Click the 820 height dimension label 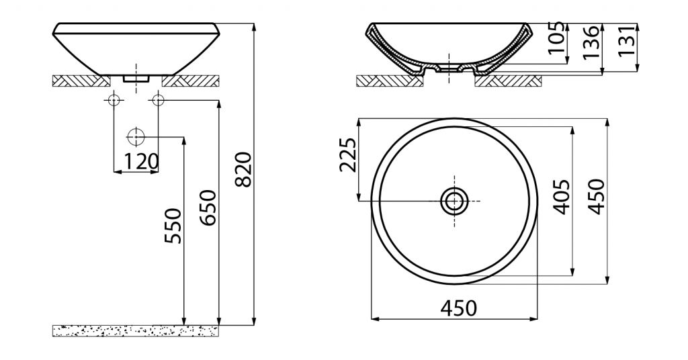click(x=243, y=169)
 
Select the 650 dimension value click(x=208, y=208)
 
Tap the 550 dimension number click(x=173, y=226)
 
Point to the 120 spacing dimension click(x=140, y=161)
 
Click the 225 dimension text click(x=348, y=154)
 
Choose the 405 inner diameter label click(x=562, y=197)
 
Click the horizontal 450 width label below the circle click(x=458, y=308)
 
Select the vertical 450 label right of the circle click(x=597, y=196)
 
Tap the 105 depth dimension click(x=557, y=37)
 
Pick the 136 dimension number click(x=591, y=42)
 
